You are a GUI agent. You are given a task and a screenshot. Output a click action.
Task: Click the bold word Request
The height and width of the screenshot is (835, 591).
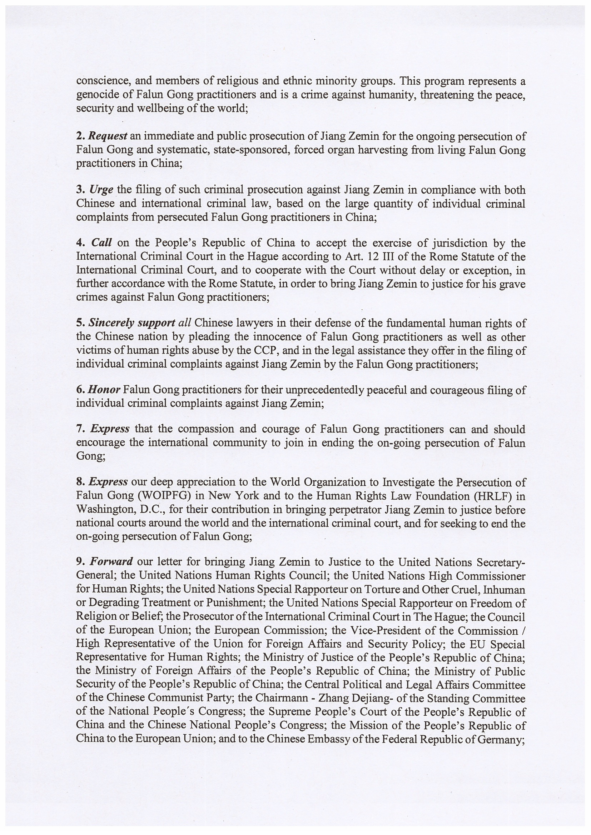(108, 136)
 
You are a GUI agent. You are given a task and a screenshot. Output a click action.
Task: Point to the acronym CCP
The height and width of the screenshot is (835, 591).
(267, 351)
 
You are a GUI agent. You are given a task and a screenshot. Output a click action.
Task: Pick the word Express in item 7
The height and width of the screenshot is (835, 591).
(110, 429)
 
